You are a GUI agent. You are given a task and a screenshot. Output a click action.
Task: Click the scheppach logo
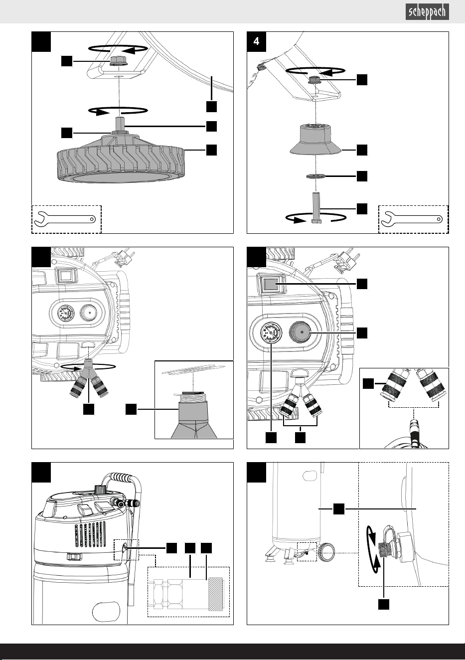coord(427,12)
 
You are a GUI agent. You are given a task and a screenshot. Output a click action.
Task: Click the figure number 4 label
coord(256,41)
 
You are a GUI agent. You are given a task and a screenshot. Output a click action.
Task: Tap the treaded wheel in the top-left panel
coord(121,159)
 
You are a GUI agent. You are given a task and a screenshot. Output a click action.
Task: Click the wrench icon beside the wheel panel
coord(65,219)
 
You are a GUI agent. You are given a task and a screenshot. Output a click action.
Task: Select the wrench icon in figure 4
coord(412,219)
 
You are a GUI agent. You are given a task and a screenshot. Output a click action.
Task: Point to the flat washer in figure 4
coord(315,176)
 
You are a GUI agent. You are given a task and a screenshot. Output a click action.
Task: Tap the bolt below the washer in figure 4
coord(316,208)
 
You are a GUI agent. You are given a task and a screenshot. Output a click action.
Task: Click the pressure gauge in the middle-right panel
coord(271,332)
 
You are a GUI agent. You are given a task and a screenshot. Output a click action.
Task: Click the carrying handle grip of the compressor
coord(118,477)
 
